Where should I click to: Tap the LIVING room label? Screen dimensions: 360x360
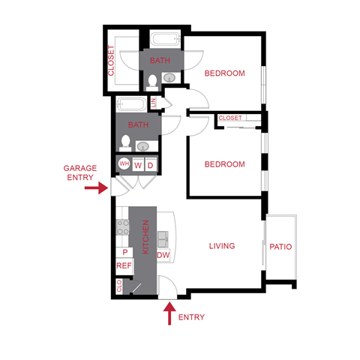[x=222, y=245]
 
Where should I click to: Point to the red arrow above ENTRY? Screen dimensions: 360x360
[x=169, y=310]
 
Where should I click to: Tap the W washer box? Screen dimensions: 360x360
[x=138, y=165]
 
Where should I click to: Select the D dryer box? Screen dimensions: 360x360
[x=150, y=165]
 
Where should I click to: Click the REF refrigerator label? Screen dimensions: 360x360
[x=124, y=265]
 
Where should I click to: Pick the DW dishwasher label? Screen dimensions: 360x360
[x=163, y=256]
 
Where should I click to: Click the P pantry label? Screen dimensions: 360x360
[x=124, y=253]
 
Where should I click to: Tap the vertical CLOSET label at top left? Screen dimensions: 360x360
[x=111, y=61]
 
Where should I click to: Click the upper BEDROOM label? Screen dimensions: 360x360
[x=225, y=73]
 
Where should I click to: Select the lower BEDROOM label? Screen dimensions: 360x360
[x=225, y=164]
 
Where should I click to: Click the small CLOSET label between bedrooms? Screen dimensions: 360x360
[x=230, y=118]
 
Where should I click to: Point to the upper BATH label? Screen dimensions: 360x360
[x=159, y=60]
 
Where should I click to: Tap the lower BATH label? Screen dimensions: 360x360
[x=138, y=125]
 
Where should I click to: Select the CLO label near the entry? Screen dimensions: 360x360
[x=119, y=286]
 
